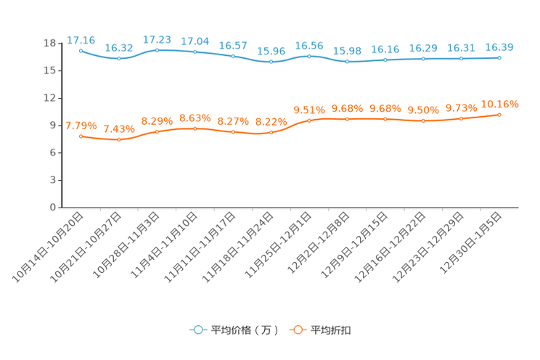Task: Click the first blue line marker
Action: [81, 50]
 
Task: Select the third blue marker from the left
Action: [157, 49]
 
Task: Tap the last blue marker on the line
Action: [499, 57]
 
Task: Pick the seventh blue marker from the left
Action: [309, 56]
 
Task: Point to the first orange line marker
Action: [81, 136]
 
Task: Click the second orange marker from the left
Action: [119, 139]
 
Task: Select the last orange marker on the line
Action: [499, 115]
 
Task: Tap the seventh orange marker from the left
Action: [309, 120]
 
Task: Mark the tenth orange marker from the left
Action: [423, 120]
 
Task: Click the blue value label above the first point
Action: [81, 39]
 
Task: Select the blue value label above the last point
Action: [499, 47]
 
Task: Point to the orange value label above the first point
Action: [81, 126]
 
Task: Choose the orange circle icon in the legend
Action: [298, 330]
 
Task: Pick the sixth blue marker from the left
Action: [271, 62]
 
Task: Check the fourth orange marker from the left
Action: [195, 128]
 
